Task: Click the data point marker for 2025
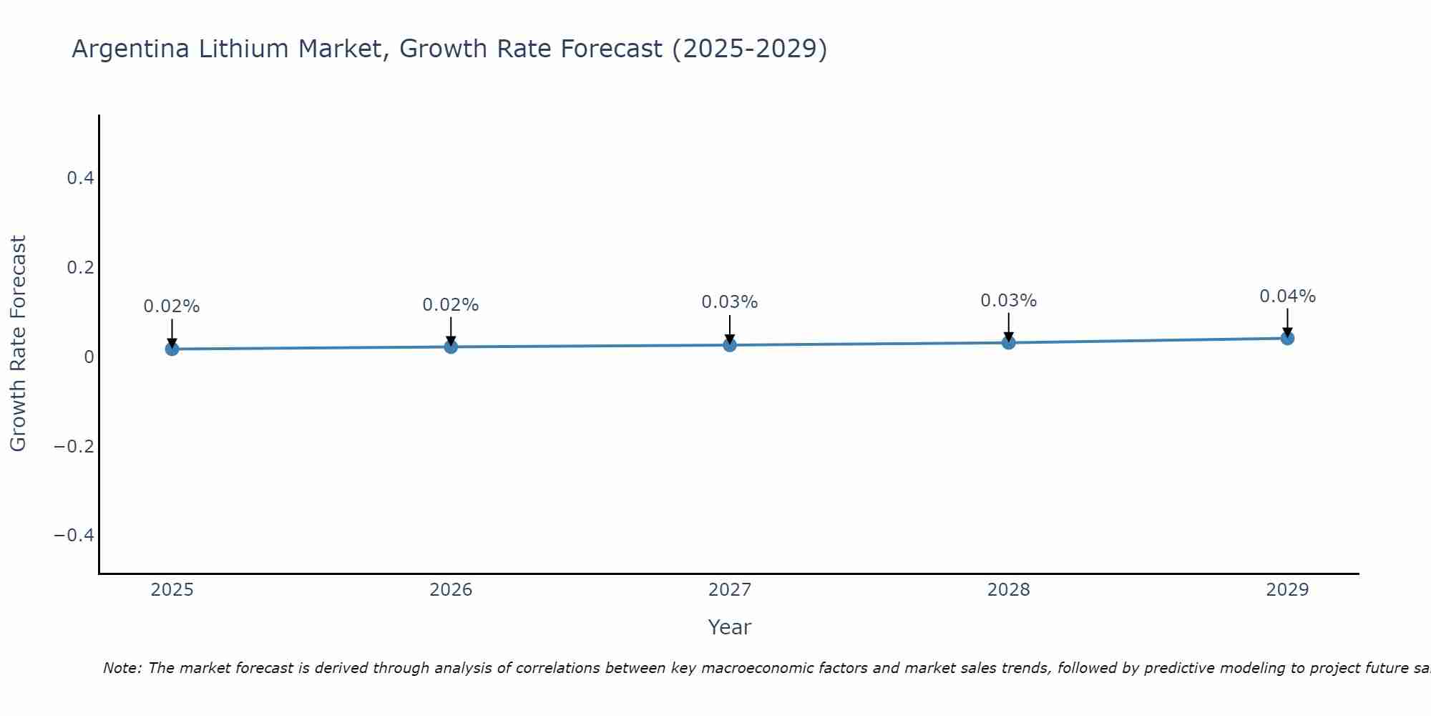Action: tap(172, 349)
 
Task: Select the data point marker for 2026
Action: tap(451, 347)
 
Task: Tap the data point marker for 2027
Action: tap(730, 345)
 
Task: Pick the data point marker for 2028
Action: tap(1008, 342)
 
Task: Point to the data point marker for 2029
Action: tap(1287, 338)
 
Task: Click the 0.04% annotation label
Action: tap(1287, 296)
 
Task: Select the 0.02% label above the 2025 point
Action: tap(172, 306)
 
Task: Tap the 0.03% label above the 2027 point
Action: tap(730, 302)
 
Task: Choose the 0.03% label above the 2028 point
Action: tap(1008, 301)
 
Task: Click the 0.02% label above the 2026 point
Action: tap(451, 305)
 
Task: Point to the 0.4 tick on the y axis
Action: tap(80, 178)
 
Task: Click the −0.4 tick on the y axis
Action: tap(74, 536)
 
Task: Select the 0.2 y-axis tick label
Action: tap(80, 268)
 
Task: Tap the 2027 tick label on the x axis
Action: tap(730, 590)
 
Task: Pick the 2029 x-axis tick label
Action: tap(1287, 590)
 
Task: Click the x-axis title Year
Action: tap(729, 627)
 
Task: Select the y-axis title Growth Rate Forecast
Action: tap(18, 344)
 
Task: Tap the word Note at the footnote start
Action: tap(122, 668)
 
